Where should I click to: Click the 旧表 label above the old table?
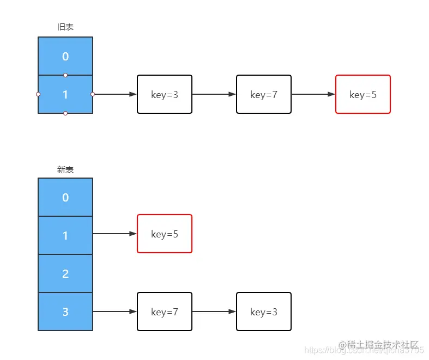(65, 27)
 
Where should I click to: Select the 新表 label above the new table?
(65, 170)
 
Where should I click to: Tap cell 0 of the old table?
(65, 56)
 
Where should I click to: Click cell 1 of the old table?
(65, 94)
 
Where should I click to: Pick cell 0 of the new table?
(65, 197)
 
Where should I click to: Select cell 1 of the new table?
(65, 235)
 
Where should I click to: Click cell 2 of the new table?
(65, 273)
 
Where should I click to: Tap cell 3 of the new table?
(65, 312)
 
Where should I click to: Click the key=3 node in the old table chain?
(165, 94)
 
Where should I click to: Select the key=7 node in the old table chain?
(264, 94)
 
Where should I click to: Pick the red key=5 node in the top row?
(363, 94)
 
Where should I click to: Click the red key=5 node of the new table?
(165, 234)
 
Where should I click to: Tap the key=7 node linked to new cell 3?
(165, 312)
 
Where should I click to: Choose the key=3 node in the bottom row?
(264, 312)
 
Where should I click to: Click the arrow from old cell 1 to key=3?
(115, 94)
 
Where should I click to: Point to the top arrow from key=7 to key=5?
(313, 94)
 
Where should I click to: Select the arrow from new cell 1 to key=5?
(115, 234)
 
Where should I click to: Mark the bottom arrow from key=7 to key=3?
(214, 312)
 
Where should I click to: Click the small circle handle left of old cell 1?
(38, 94)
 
